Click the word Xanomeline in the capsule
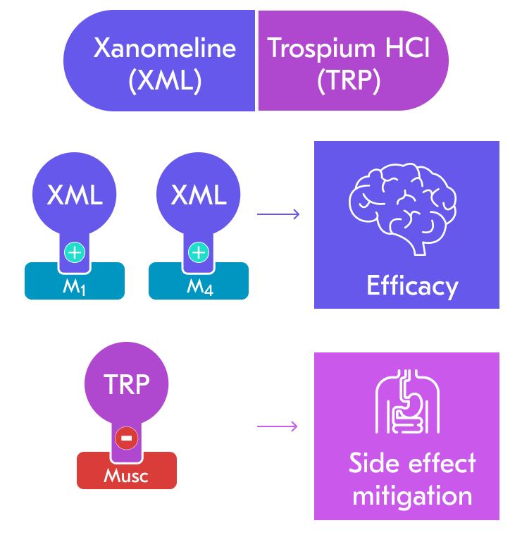tap(165, 48)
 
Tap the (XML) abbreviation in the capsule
tap(165, 81)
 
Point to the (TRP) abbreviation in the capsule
tap(349, 81)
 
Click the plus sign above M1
tap(74, 252)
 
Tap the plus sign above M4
tap(199, 252)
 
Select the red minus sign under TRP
tap(126, 438)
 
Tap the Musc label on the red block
tap(126, 476)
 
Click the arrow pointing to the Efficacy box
tap(278, 214)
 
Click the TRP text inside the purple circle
tap(127, 385)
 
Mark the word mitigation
tap(412, 496)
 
